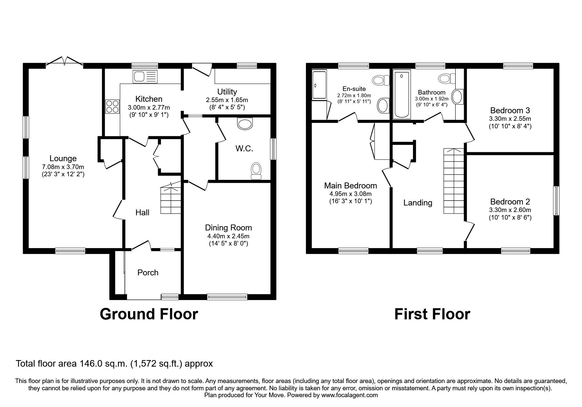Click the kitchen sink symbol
[145, 76]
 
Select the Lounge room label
[63, 159]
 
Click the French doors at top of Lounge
[64, 62]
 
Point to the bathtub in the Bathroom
[402, 95]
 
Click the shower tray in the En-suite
[319, 85]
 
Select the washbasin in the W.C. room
[245, 124]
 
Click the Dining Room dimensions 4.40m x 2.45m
[228, 236]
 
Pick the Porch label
[148, 272]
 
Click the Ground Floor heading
[149, 314]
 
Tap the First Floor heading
[432, 314]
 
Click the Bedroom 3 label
[510, 110]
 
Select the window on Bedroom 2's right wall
[556, 201]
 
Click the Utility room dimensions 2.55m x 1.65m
[227, 100]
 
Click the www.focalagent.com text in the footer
[349, 395]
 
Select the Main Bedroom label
[350, 186]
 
